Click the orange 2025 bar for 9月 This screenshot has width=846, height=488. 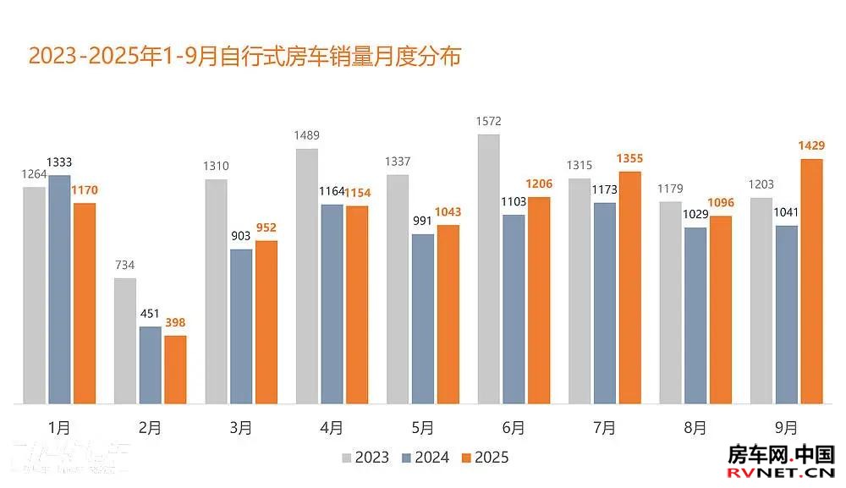pyautogui.click(x=811, y=281)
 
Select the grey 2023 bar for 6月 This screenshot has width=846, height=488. pyautogui.click(x=489, y=269)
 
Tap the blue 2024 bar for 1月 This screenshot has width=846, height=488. pyautogui.click(x=59, y=289)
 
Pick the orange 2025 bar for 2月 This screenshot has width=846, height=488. pyautogui.click(x=175, y=370)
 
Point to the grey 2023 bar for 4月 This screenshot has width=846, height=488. pyautogui.click(x=307, y=277)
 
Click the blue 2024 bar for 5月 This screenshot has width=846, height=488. pyautogui.click(x=423, y=319)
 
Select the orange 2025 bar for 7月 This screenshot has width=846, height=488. pyautogui.click(x=629, y=288)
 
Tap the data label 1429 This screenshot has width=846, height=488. pyautogui.click(x=810, y=146)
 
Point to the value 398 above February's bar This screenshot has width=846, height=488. pyautogui.click(x=174, y=323)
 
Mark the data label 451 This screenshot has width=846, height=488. pyautogui.click(x=150, y=314)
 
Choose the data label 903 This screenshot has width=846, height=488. pyautogui.click(x=240, y=236)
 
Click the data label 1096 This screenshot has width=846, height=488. pyautogui.click(x=721, y=203)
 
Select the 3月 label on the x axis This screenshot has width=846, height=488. pyautogui.click(x=241, y=429)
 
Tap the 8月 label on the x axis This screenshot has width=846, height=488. pyautogui.click(x=695, y=429)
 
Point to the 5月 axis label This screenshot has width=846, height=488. pyautogui.click(x=423, y=429)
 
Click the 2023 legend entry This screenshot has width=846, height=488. pyautogui.click(x=365, y=458)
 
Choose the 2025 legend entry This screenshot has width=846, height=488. pyautogui.click(x=485, y=458)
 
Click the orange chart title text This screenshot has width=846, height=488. pyautogui.click(x=244, y=58)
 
